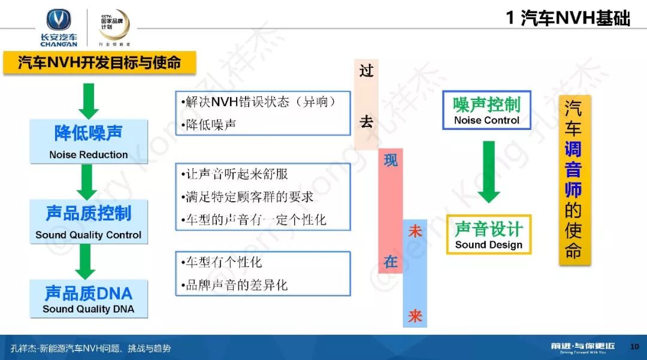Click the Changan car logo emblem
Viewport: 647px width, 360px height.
pyautogui.click(x=59, y=20)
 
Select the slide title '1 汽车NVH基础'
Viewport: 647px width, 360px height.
pyautogui.click(x=568, y=18)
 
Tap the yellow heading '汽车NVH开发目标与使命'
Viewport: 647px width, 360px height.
pyautogui.click(x=99, y=62)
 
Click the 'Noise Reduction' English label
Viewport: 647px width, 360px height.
pyautogui.click(x=89, y=155)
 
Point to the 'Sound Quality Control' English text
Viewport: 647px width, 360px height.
pyautogui.click(x=89, y=235)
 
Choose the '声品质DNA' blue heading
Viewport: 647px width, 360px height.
pyautogui.click(x=89, y=293)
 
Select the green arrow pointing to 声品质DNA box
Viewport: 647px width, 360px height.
pyautogui.click(x=87, y=262)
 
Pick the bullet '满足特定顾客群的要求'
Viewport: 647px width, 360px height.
pyautogui.click(x=247, y=196)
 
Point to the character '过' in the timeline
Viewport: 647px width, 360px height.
pyautogui.click(x=366, y=71)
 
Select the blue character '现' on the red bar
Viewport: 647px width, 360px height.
pyautogui.click(x=391, y=161)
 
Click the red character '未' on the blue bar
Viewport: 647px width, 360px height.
pyautogui.click(x=415, y=231)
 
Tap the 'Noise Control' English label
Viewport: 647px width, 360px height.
pyautogui.click(x=486, y=120)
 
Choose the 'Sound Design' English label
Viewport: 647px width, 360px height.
pyautogui.click(x=488, y=244)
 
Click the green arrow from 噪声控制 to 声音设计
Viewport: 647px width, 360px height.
pyautogui.click(x=489, y=171)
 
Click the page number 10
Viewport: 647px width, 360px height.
pyautogui.click(x=635, y=347)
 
